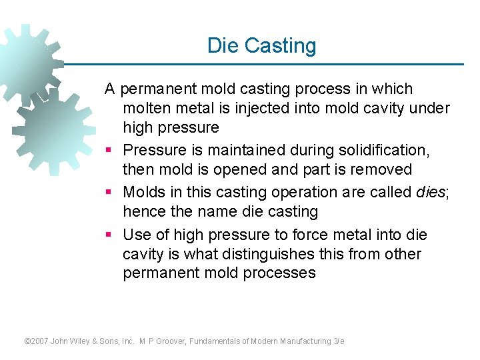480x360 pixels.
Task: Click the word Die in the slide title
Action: [223, 45]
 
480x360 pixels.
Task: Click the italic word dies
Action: [431, 192]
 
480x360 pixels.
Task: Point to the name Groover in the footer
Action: [169, 341]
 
